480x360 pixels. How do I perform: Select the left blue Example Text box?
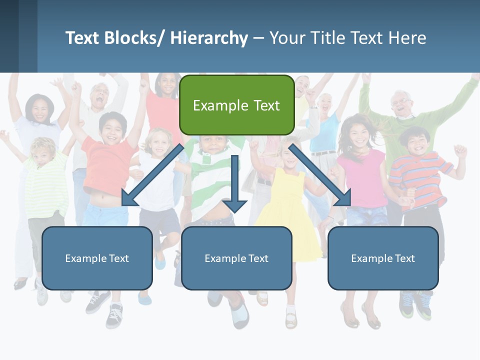tap(97, 258)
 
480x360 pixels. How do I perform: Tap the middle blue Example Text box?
tap(236, 258)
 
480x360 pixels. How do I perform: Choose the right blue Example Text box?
tap(383, 258)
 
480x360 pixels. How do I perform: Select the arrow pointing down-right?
tap(320, 175)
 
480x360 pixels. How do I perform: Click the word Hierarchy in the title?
tap(209, 38)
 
